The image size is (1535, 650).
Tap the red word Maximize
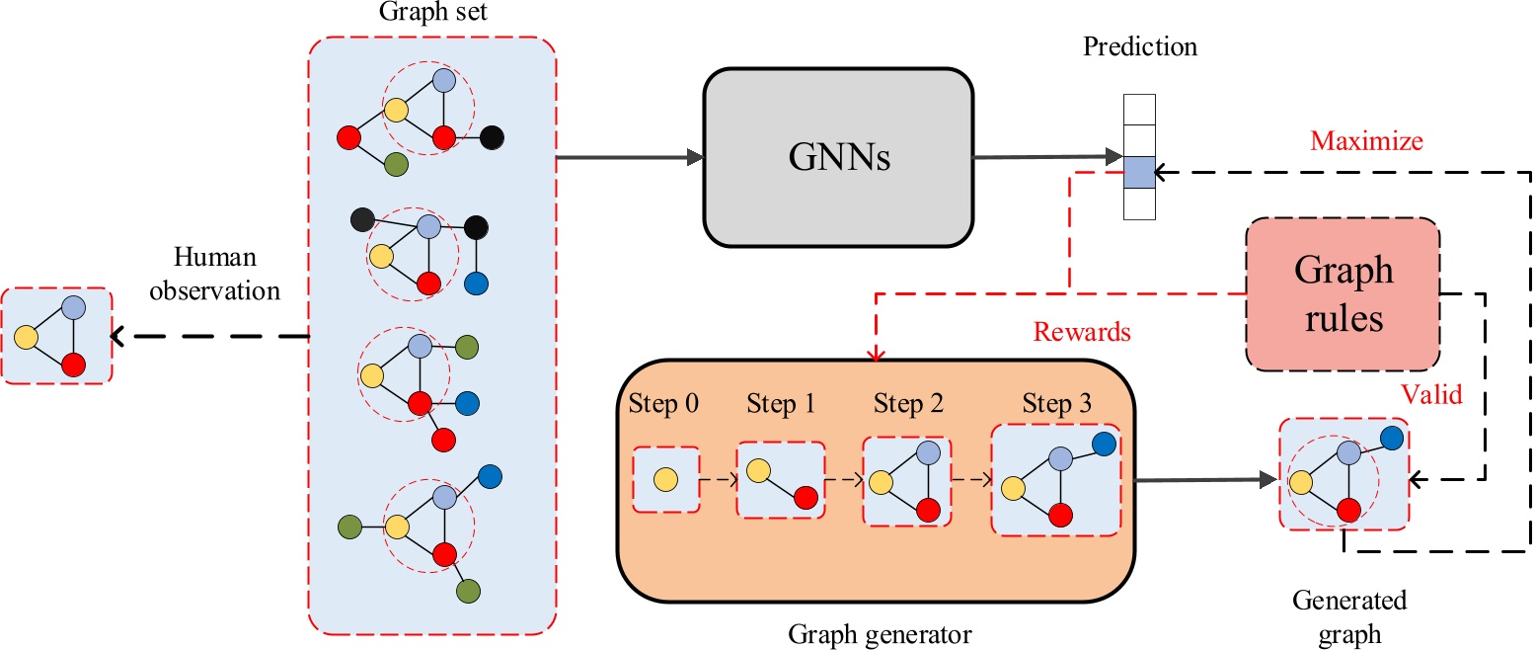pos(1367,141)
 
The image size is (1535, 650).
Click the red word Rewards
pos(1082,332)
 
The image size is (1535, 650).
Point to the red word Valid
pos(1431,395)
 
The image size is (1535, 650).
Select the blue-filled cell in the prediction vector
pos(1139,171)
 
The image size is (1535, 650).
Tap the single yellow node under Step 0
pos(665,479)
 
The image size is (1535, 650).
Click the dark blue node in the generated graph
pos(1392,436)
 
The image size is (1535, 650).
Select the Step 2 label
pos(908,404)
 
